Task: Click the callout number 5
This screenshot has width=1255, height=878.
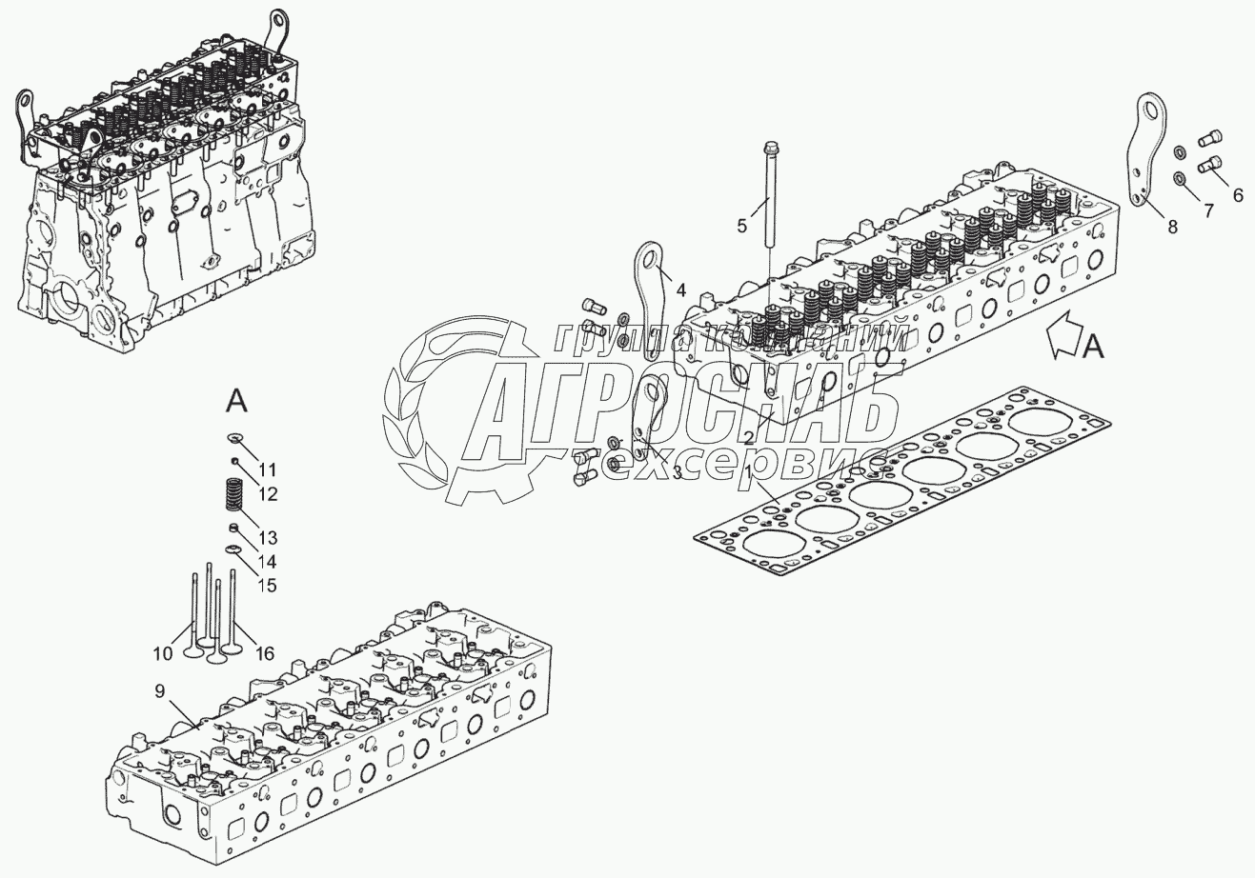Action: (x=741, y=226)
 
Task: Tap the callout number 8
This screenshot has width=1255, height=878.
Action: (x=1172, y=227)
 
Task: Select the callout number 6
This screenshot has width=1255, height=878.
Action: (x=1238, y=195)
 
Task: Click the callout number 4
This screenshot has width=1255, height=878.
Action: (x=680, y=289)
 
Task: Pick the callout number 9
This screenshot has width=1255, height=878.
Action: (x=159, y=689)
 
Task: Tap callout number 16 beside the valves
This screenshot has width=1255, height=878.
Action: (x=265, y=652)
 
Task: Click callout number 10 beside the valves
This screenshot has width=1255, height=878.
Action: (x=162, y=652)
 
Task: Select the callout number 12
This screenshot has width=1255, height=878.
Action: (x=268, y=494)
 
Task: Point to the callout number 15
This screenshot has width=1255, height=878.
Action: (x=269, y=585)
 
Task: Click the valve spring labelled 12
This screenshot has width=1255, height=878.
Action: (x=233, y=496)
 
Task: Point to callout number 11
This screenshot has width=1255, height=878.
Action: (x=268, y=469)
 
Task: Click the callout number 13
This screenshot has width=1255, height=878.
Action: (x=269, y=537)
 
